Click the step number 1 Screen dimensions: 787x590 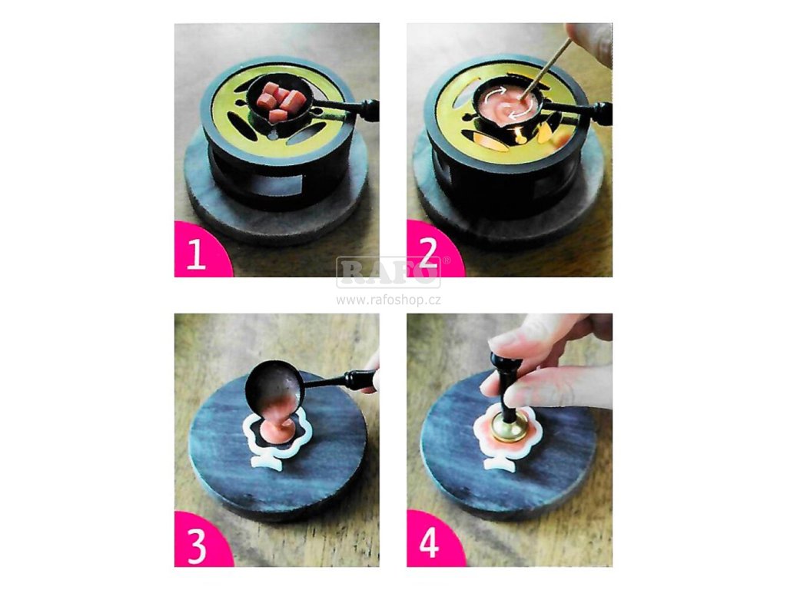tap(196, 254)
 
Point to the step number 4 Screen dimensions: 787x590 tap(429, 545)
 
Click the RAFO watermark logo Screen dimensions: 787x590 tap(388, 272)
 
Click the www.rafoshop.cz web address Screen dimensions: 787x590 tap(388, 300)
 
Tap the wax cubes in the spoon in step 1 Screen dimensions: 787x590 tap(278, 102)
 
